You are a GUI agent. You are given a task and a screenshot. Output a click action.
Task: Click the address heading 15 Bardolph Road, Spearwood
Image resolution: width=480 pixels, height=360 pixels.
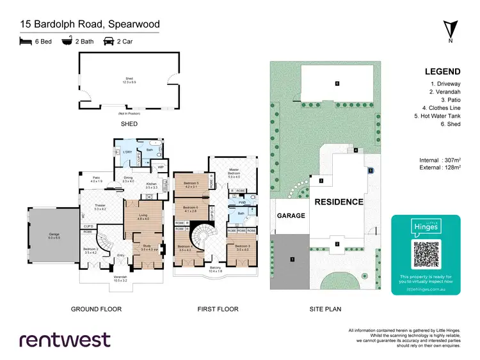90,25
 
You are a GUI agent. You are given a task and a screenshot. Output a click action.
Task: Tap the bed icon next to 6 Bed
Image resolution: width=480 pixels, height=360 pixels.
26,42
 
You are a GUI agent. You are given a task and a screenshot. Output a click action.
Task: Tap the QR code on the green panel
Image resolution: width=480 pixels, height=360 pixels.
426,254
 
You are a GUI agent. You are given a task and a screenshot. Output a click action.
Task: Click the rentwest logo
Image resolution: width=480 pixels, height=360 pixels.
65,340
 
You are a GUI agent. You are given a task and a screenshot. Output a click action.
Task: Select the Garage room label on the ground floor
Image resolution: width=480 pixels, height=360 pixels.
54,234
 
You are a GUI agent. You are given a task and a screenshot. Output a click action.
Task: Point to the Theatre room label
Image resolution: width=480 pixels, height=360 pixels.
100,205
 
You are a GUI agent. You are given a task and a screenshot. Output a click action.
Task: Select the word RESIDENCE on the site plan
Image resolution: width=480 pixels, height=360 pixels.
339,201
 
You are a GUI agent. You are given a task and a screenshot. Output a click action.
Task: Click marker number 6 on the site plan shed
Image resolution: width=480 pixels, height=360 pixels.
337,83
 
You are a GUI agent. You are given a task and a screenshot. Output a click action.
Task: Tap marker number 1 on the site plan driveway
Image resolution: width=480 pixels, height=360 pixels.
292,259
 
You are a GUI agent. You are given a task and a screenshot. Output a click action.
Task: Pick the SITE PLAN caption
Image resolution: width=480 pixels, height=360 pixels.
326,309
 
